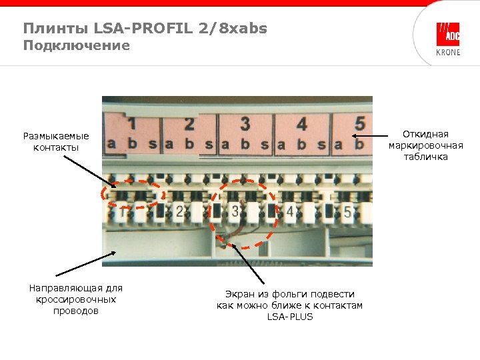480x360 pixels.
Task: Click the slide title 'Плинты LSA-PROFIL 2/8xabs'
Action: [x=145, y=28]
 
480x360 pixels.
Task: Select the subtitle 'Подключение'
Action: [x=76, y=45]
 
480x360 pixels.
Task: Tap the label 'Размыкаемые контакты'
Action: [x=55, y=141]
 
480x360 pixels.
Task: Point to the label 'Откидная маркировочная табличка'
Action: [x=425, y=145]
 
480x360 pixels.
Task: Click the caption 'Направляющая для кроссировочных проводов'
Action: [x=76, y=299]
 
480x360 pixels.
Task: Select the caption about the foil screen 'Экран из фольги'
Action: [x=289, y=305]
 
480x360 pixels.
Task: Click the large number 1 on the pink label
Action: [x=132, y=124]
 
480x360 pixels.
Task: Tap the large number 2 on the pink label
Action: [x=189, y=124]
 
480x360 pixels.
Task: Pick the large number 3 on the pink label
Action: [x=245, y=123]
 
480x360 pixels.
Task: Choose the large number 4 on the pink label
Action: [x=302, y=124]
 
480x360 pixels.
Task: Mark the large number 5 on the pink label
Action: [x=359, y=124]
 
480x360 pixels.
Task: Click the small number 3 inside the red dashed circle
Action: [x=237, y=212]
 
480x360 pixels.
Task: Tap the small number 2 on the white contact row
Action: [x=179, y=212]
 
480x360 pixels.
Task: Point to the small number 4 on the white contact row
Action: [x=290, y=212]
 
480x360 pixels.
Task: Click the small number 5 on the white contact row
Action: [x=347, y=212]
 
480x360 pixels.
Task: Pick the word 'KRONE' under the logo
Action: [x=447, y=53]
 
